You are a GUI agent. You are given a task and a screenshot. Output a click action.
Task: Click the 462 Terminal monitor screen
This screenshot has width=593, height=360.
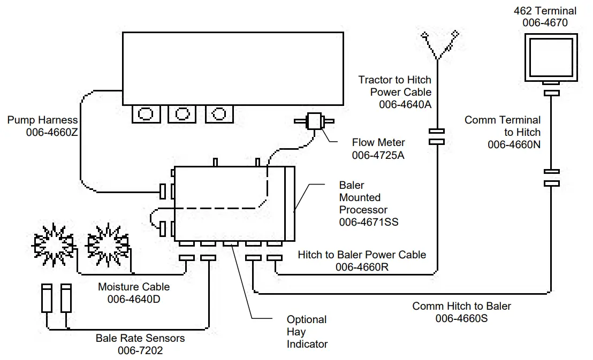(x=552, y=57)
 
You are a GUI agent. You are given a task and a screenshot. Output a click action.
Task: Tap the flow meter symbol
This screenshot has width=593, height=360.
(x=315, y=121)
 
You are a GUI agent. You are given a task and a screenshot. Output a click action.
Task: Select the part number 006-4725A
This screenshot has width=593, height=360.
(x=378, y=155)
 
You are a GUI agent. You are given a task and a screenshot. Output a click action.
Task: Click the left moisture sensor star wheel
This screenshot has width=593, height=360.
(x=52, y=244)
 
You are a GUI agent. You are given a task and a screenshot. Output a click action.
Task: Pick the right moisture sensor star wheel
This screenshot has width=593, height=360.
(x=107, y=244)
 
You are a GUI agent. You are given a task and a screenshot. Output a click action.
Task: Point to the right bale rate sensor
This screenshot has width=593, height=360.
(x=66, y=298)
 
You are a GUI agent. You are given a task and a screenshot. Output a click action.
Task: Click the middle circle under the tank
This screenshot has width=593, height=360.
(x=182, y=113)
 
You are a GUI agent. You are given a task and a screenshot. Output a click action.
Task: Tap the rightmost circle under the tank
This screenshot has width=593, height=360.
(x=218, y=113)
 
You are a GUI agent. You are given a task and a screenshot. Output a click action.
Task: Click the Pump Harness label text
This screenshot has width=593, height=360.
(x=43, y=120)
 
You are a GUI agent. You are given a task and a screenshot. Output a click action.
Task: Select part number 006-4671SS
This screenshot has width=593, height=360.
(x=368, y=222)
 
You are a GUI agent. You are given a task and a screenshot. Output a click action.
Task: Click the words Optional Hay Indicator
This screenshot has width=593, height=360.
(x=307, y=332)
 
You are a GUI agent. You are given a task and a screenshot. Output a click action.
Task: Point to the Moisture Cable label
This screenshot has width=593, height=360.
(x=134, y=287)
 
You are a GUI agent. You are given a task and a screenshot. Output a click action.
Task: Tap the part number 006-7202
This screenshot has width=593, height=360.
(x=140, y=350)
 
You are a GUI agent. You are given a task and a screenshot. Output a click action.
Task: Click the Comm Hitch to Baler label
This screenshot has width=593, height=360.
(x=461, y=307)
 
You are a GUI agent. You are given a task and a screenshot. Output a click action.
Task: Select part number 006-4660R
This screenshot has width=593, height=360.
(x=362, y=267)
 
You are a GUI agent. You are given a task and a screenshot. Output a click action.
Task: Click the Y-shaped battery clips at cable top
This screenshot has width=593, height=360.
(x=438, y=46)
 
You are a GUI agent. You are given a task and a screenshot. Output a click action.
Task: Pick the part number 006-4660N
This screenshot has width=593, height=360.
(x=514, y=144)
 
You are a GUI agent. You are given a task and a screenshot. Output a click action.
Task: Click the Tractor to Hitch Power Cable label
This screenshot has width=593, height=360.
(x=395, y=86)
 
